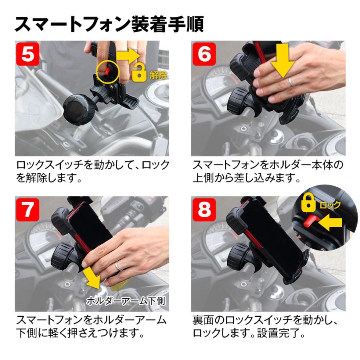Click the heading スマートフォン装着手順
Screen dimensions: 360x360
pyautogui.click(x=109, y=24)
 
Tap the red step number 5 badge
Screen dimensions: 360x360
pyautogui.click(x=28, y=54)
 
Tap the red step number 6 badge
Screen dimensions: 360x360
pyautogui.click(x=204, y=54)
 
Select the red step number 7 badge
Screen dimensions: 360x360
pyautogui.click(x=28, y=209)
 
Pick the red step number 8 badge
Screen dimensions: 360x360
pyautogui.click(x=204, y=209)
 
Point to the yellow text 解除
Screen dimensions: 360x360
pyautogui.click(x=157, y=75)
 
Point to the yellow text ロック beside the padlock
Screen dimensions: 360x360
pyautogui.click(x=330, y=206)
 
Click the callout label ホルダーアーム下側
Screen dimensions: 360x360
pyautogui.click(x=126, y=300)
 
